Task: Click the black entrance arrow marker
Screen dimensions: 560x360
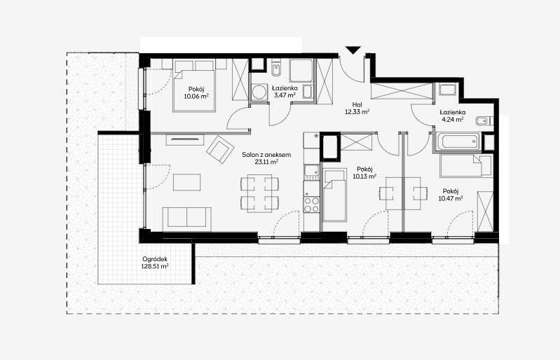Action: [353, 50]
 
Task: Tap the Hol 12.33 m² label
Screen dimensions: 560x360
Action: [357, 108]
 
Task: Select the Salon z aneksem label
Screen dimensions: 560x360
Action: [266, 158]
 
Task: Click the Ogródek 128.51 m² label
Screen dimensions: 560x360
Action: [155, 263]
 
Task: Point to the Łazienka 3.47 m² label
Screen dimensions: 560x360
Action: [285, 91]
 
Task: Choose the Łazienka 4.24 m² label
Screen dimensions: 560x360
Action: [453, 116]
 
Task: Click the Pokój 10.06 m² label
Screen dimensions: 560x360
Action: [196, 92]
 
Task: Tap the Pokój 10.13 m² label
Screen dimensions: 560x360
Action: [364, 172]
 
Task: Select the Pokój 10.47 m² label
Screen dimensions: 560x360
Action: [451, 195]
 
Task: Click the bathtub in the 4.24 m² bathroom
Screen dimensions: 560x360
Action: [458, 142]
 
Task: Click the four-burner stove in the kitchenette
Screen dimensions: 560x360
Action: [311, 205]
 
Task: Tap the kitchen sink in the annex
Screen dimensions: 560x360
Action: [311, 172]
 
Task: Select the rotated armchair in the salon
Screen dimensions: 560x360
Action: [220, 149]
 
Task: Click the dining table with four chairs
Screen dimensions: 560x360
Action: [259, 193]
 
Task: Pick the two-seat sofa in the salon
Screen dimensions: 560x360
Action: [187, 219]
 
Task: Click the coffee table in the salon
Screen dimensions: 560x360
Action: [187, 182]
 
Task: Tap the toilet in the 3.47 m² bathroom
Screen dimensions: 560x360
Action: [275, 70]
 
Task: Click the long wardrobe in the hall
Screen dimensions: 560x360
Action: [402, 91]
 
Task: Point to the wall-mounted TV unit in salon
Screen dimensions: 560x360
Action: [184, 139]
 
